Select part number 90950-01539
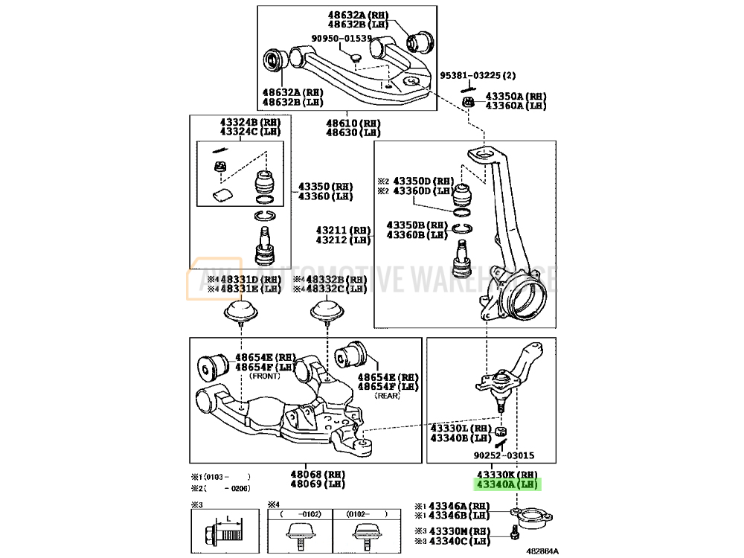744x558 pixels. [341, 38]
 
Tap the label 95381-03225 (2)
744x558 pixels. [477, 75]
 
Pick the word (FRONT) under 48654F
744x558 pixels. [263, 376]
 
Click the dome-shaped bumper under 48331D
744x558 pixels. [243, 311]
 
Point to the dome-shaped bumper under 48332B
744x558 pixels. [327, 311]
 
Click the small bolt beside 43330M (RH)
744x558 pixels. [514, 533]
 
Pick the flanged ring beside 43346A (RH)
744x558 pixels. [529, 516]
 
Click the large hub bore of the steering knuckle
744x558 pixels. [524, 298]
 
